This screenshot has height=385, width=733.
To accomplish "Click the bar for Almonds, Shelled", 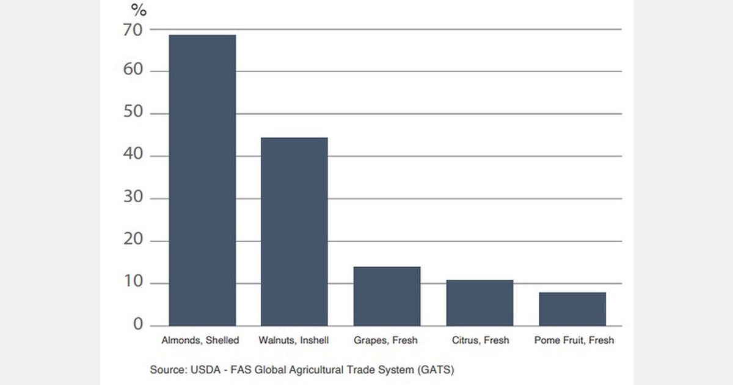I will click(202, 180).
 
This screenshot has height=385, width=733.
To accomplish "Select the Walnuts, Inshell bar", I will click(294, 232).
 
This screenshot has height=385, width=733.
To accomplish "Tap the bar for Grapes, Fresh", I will click(387, 296).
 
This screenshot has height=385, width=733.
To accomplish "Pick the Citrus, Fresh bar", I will click(480, 303).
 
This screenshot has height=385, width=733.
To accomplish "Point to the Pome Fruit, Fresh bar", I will click(572, 309).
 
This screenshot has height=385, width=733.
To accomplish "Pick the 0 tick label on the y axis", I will click(137, 325).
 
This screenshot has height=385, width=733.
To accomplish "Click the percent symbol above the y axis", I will click(139, 10).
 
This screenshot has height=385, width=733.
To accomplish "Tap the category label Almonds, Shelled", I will click(200, 340).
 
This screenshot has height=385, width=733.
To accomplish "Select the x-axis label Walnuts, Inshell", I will click(293, 340).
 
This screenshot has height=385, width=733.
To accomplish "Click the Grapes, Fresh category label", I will click(386, 340).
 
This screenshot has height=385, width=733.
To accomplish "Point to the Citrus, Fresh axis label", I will click(480, 340).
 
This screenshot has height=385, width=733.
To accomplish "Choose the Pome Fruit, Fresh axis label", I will click(574, 340).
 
